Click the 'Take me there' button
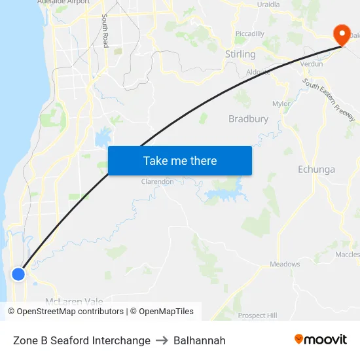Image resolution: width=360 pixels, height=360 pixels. pos(179,160)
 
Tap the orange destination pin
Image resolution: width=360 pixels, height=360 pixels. pos(341,35)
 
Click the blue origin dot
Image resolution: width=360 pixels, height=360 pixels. pos(19,274)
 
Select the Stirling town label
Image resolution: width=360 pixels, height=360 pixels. pos(240,54)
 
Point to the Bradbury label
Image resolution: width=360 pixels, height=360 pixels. pos(248,119)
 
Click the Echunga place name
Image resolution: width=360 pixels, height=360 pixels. pos(316,170)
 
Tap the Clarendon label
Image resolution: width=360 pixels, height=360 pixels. pos(158,181)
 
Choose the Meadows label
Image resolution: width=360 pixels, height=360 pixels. pos(285,264)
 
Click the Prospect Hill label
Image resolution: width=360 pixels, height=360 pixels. pos(257,315)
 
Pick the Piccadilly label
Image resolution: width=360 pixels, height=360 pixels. pos(249,33)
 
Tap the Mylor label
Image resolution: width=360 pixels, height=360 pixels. pos(281,103)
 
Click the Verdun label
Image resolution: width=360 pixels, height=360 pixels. pos(311,64)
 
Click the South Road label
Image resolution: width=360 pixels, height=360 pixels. pos(105,31)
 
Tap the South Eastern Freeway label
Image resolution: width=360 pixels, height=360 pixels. pos(329,99)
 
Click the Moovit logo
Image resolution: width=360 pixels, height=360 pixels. pos(320,340)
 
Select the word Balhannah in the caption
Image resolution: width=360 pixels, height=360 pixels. pos(199,340)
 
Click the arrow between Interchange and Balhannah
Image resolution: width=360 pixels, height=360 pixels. pos(162,340)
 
